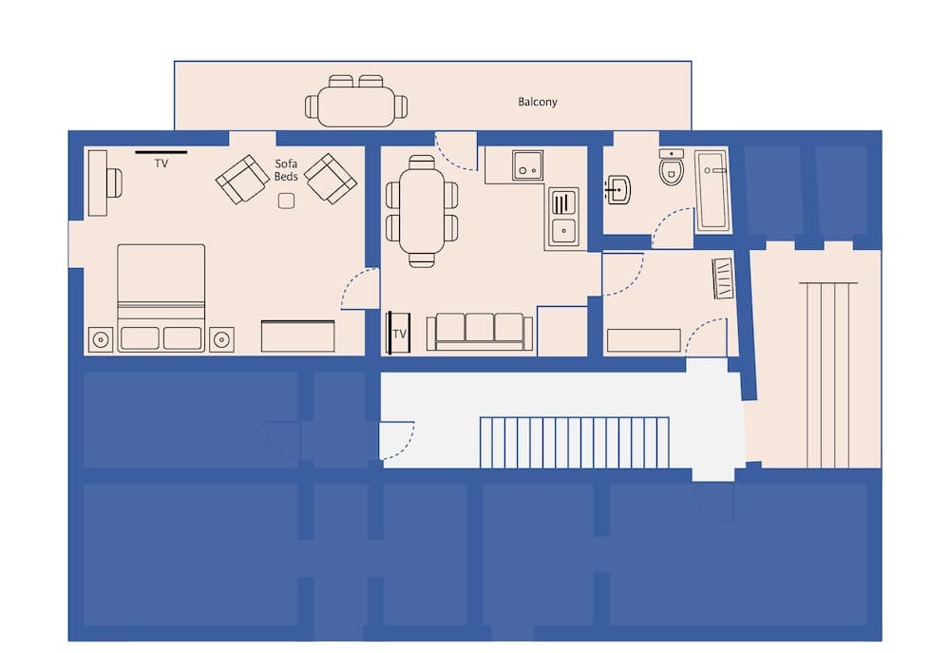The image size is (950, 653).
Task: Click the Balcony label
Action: [538, 102]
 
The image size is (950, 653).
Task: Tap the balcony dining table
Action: [356, 106]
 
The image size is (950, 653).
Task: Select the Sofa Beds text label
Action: [286, 170]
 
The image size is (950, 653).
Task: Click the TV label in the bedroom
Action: [161, 163]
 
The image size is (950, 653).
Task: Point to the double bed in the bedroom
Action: [161, 298]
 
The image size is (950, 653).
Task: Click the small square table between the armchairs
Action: [287, 201]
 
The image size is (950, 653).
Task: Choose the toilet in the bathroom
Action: [672, 166]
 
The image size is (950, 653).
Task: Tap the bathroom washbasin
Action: [618, 190]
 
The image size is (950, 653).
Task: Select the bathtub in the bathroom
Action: [712, 191]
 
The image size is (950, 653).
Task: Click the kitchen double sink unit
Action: [563, 218]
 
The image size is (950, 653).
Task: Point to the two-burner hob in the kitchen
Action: [527, 165]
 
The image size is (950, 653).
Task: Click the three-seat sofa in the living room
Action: [480, 332]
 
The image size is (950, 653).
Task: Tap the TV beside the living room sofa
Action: [398, 333]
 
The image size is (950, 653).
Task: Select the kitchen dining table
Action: [422, 211]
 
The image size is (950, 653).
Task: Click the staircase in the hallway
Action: [575, 442]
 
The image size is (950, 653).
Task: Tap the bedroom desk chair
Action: [115, 182]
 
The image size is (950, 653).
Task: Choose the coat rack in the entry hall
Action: [723, 278]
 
